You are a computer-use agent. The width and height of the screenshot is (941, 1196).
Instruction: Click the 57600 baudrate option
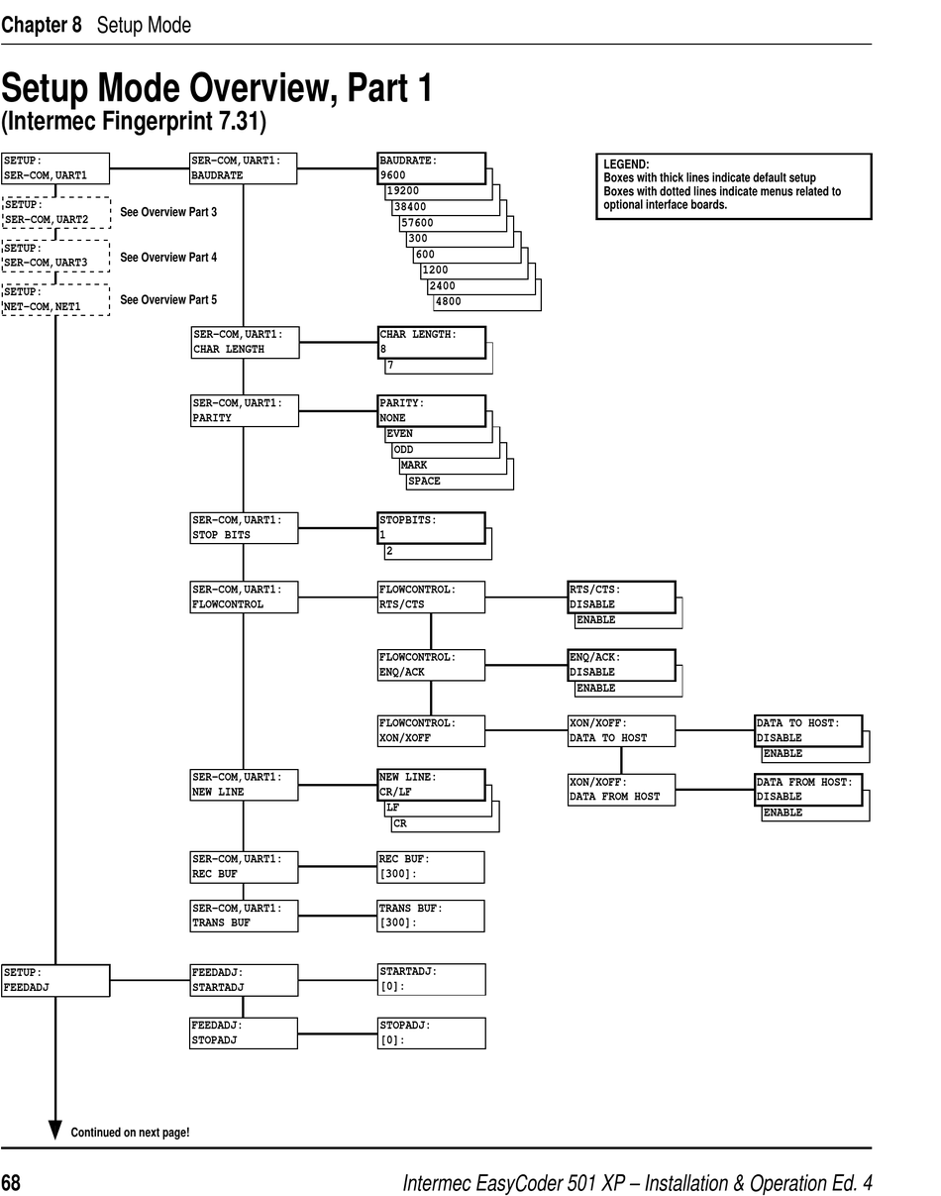pos(417,223)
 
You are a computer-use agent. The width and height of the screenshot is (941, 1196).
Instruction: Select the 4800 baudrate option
pos(449,301)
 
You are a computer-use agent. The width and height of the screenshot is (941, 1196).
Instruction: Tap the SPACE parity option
pos(425,482)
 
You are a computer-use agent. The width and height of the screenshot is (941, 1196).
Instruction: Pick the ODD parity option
pos(404,450)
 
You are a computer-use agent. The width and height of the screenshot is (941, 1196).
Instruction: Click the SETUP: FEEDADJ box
pos(55,980)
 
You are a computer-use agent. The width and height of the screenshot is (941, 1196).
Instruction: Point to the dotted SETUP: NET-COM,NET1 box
pos(55,299)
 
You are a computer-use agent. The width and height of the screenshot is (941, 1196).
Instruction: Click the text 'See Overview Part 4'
pos(168,258)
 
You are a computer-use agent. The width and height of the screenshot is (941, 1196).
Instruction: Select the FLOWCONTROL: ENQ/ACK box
pos(431,665)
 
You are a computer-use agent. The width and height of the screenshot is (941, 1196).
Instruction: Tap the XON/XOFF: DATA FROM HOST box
pos(621,790)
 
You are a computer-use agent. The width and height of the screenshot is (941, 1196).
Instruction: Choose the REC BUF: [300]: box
pos(431,867)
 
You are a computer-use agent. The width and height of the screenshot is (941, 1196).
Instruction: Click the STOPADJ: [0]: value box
pos(431,1033)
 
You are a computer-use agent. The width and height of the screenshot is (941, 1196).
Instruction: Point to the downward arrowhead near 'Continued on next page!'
pos(55,1130)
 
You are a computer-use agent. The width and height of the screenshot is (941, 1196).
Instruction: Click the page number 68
pos(11,1183)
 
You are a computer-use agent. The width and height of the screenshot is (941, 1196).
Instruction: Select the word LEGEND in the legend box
pos(626,164)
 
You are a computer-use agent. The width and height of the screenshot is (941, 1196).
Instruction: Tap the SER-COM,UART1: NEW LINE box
pos(244,785)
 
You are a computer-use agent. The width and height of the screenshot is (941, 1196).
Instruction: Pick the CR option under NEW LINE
pos(400,823)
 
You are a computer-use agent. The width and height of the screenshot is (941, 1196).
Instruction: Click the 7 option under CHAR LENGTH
pos(390,366)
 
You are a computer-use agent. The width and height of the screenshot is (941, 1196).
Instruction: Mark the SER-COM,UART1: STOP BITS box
pos(244,527)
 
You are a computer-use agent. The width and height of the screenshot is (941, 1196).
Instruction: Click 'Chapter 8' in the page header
pos(42,25)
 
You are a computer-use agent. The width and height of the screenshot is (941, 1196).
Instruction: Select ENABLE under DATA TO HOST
pos(784,754)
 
